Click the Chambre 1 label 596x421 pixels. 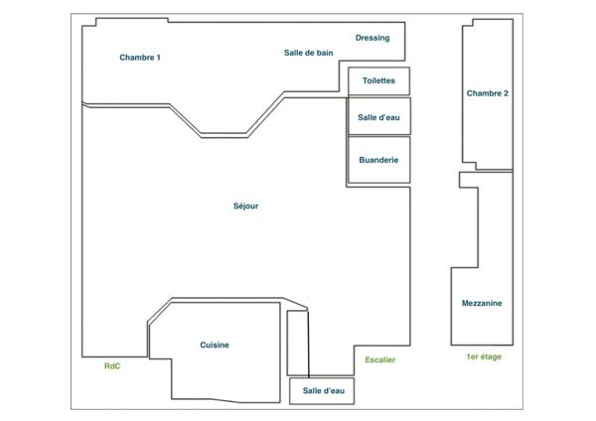140,58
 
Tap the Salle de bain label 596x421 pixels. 308,53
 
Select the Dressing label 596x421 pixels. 372,38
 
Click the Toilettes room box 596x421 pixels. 378,81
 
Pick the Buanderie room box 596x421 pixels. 378,160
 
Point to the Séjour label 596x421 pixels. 245,207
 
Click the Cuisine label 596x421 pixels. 215,345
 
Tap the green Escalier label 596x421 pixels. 379,359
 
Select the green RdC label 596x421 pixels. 112,365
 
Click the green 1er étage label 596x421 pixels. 483,356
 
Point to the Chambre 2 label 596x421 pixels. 487,93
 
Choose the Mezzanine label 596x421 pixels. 482,303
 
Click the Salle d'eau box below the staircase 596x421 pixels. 322,391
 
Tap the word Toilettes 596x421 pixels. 378,81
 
